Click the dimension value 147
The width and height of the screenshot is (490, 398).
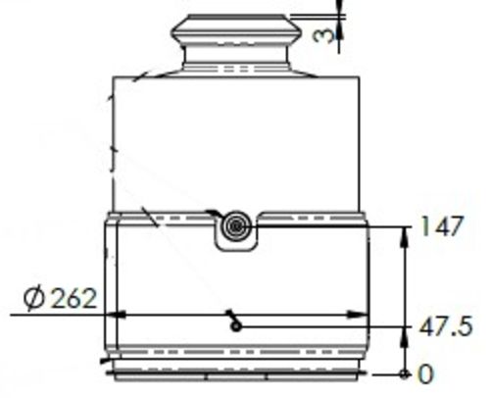coord(444,227)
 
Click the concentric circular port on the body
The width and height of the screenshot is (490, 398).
coord(236,226)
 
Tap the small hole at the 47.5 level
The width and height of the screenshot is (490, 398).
coord(235,326)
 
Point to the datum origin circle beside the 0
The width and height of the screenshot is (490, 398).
coord(405,373)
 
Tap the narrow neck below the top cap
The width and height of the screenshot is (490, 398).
coord(235,65)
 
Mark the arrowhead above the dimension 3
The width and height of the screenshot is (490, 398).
coord(340,9)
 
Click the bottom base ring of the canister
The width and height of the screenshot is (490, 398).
coord(235,373)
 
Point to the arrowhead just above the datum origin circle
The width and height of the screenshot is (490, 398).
coord(405,365)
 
